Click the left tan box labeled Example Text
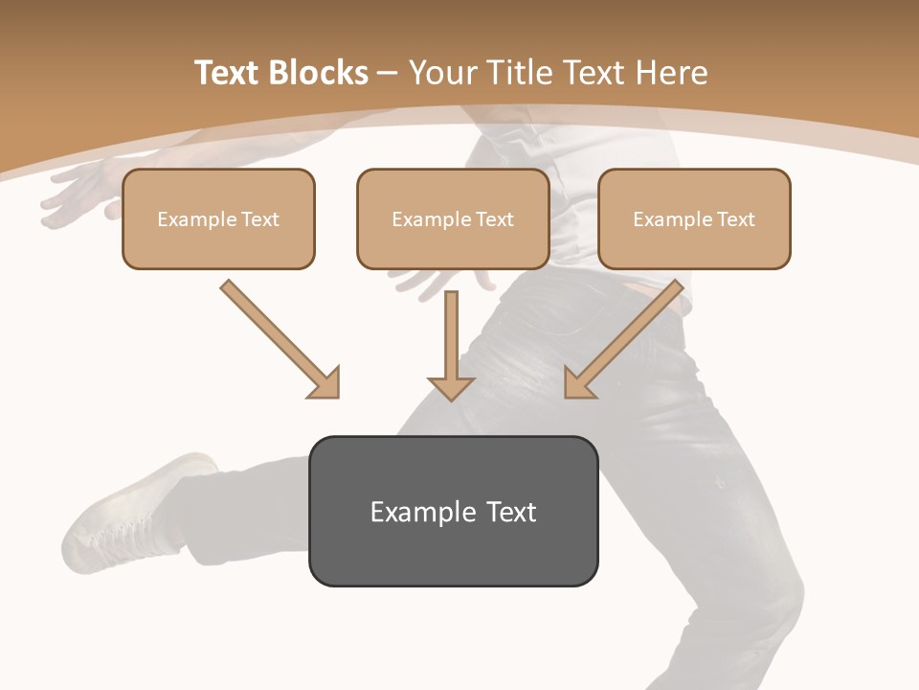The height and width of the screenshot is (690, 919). pos(218,218)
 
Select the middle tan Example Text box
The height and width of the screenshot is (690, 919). pos(453,218)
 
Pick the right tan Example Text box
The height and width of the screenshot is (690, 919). pos(694,218)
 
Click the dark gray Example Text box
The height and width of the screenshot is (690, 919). pos(453,511)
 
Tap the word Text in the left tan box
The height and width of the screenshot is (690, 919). pos(259,219)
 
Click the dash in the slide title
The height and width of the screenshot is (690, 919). pos(388,73)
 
